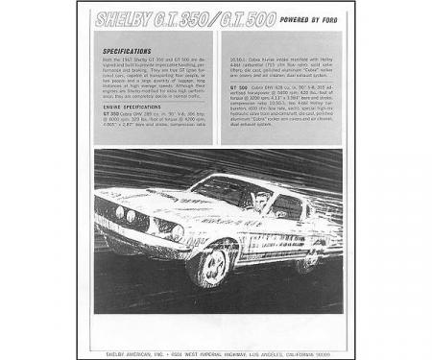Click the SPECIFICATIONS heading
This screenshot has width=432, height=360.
(x=125, y=51)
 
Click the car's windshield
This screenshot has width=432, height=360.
(x=223, y=191)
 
